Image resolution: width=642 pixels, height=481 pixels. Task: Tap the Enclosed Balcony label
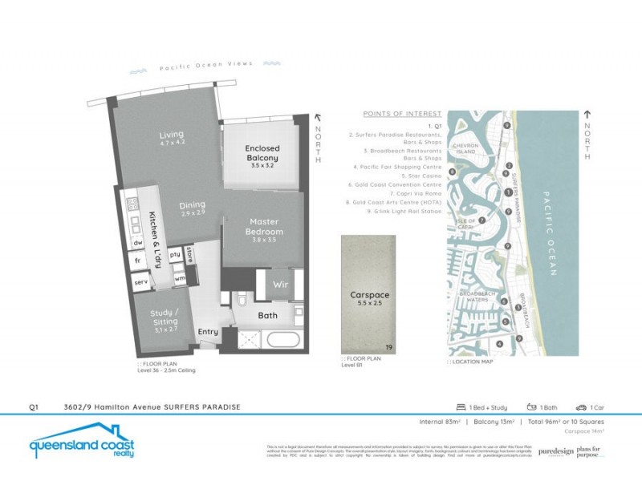coord(262,153)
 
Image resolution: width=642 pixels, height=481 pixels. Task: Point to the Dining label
coord(192,204)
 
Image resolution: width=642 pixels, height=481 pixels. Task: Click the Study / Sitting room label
coord(165,317)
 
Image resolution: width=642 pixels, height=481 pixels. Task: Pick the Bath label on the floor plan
coord(267,315)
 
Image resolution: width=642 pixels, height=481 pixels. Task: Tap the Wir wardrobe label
coord(281,284)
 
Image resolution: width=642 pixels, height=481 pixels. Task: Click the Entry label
coord(207,331)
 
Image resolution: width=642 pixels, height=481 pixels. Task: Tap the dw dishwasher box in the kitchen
coord(138,242)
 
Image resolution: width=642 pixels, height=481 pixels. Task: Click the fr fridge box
coord(138,261)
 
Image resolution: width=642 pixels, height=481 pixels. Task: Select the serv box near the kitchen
coord(140,283)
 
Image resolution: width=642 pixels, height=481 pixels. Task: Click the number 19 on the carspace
coord(389,348)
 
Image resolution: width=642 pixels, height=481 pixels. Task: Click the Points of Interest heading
coord(402,114)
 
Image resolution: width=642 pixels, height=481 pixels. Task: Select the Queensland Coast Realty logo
coord(81,447)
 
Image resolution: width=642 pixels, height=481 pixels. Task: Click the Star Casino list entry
coord(422,176)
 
